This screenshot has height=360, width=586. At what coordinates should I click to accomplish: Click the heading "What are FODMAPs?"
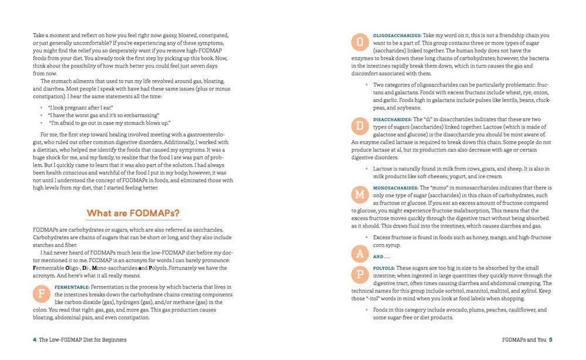[133, 213]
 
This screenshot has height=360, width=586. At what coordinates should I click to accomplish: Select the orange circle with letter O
[359, 42]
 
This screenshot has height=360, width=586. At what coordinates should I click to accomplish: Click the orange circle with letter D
[359, 126]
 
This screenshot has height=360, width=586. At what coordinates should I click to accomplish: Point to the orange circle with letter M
[359, 194]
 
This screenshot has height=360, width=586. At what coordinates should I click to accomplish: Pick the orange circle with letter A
[359, 253]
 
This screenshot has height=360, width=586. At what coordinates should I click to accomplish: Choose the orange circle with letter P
[359, 274]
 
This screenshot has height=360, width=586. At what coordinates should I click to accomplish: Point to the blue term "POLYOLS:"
[384, 268]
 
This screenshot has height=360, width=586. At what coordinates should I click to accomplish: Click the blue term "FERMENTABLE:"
[71, 287]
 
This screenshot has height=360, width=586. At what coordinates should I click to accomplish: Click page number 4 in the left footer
[35, 339]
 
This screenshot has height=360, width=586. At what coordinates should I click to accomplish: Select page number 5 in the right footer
[551, 339]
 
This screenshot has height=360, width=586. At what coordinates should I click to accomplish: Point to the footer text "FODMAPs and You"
[524, 339]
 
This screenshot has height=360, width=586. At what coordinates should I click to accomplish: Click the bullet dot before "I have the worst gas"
[42, 116]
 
